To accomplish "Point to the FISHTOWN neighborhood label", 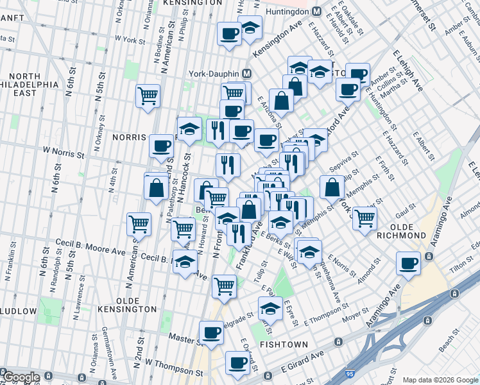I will pos(286,345).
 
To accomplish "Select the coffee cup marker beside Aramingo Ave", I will pos(408,262).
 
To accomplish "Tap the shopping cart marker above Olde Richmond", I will pos(364,218).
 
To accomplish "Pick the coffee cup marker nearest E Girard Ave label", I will pos(237,363).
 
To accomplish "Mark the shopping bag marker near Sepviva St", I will pos(332,187).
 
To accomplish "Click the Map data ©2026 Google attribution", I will pos(440,379).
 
